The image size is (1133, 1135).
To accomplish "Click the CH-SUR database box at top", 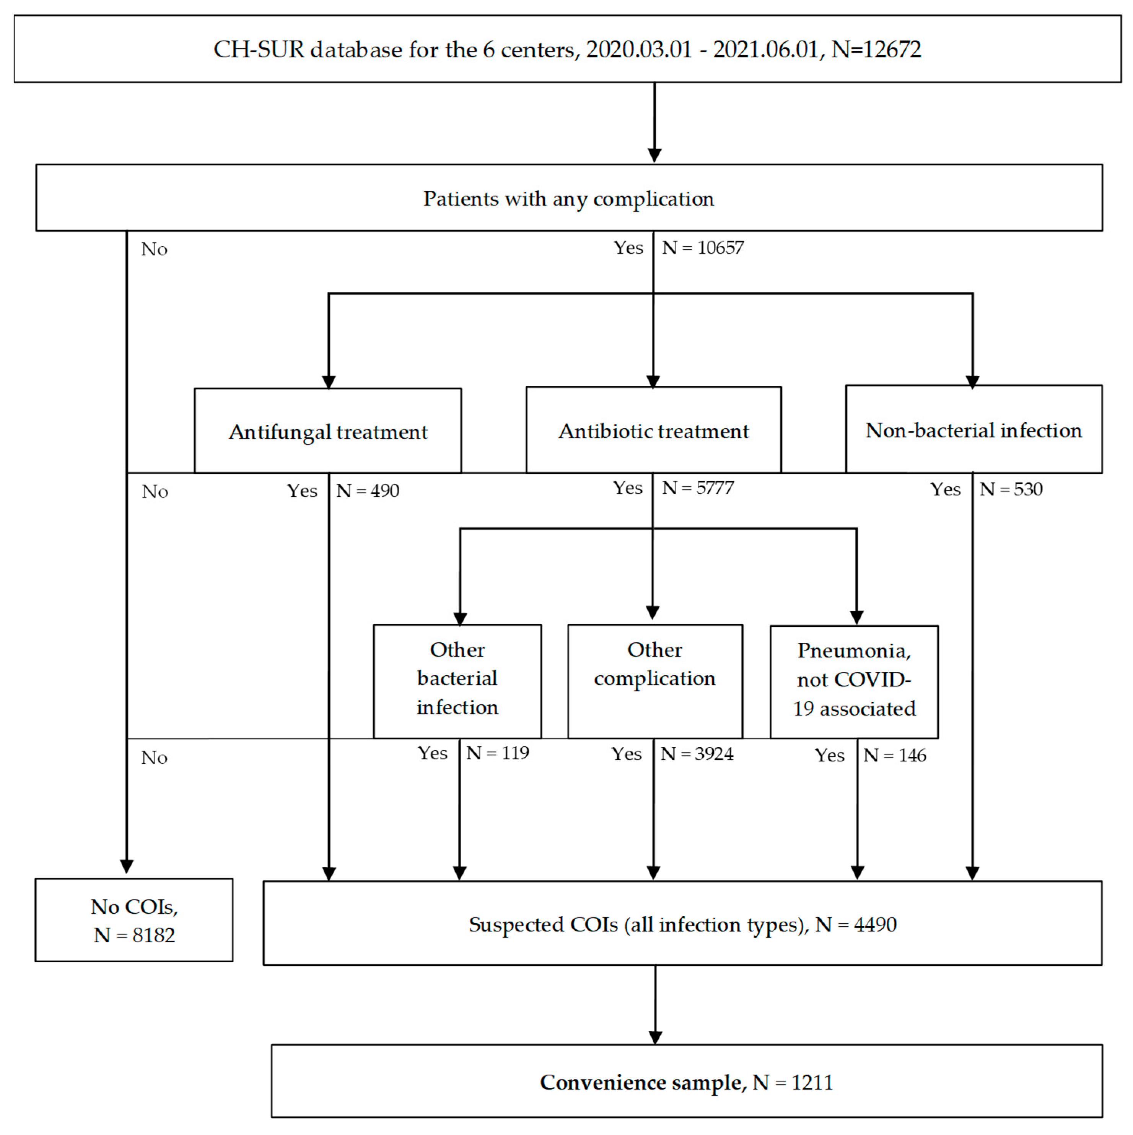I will point(567,49).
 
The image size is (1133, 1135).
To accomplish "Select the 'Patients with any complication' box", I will point(568,198).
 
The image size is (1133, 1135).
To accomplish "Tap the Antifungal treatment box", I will point(328,431).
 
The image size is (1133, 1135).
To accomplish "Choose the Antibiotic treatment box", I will point(653,430).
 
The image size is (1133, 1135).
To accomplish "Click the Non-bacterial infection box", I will point(973,429).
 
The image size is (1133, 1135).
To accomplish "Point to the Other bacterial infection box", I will point(457,681).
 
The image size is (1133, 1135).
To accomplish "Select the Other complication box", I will point(654,681).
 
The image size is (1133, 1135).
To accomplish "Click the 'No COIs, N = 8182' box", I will point(134,920).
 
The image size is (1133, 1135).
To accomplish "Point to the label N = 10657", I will point(703,247).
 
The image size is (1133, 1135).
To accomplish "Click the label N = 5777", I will point(698,487).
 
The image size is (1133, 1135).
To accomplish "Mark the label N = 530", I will point(1011,489).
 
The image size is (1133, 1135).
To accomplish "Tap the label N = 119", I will point(498,753).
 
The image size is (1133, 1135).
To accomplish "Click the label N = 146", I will point(894,755).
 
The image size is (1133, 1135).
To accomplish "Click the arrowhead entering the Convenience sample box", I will point(655,1037).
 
